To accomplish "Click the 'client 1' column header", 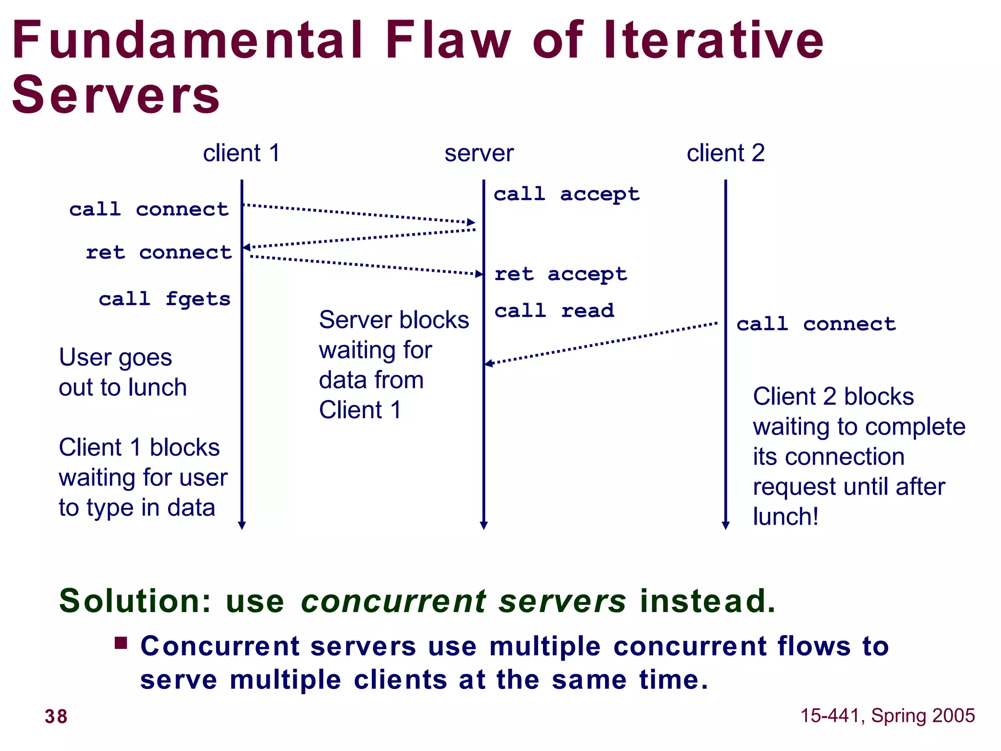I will click(241, 154).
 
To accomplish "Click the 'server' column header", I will click(479, 154).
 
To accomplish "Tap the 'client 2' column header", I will click(725, 154).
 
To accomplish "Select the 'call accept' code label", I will click(566, 194).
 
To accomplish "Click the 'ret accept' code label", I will click(561, 274).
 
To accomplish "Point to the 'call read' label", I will click(554, 310).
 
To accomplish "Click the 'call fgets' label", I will click(165, 299).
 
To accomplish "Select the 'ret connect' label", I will click(159, 252).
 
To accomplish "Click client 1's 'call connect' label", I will click(149, 209).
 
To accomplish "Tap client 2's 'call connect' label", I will click(816, 324).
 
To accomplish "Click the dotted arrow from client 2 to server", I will click(601, 343).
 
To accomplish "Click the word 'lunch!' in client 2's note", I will click(785, 517).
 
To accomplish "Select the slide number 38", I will click(56, 716).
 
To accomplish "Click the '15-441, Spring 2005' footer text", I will click(887, 716).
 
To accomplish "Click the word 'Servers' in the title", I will click(116, 95).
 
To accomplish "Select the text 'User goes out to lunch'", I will click(122, 372).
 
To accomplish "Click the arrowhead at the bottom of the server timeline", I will click(483, 526).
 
